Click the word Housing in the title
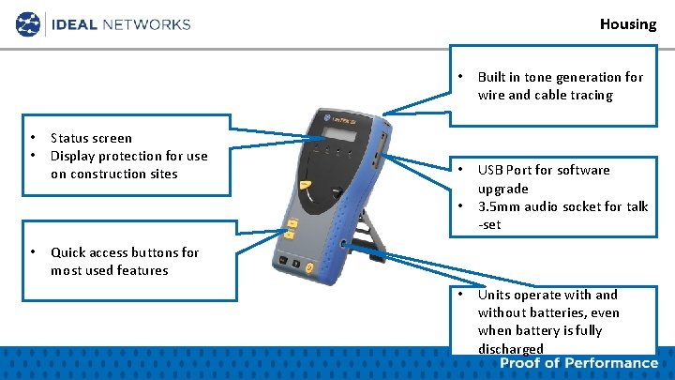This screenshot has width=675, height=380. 628,23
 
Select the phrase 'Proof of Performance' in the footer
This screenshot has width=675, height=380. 578,363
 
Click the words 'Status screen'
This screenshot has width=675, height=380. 91,138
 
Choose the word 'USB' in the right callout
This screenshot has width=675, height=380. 491,170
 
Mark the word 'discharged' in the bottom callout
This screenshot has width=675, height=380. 510,349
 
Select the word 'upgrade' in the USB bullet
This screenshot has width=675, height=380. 503,189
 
